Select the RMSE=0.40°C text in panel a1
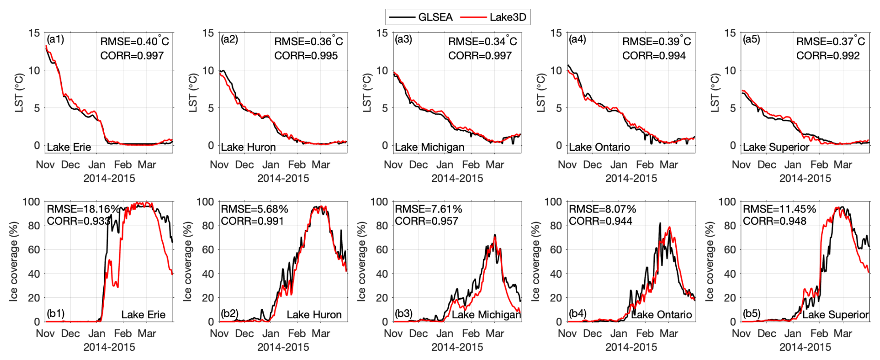point(134,41)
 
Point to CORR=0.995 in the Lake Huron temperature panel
point(306,56)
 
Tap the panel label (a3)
point(403,39)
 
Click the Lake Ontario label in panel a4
point(599,147)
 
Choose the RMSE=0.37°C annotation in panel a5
point(830,41)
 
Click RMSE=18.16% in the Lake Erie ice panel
point(83,209)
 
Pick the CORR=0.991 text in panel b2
point(252,221)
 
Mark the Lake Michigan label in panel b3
point(486,315)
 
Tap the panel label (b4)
point(577,313)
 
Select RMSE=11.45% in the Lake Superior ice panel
point(779,209)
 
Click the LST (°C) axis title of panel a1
point(19,93)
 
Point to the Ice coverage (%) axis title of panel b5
point(709,261)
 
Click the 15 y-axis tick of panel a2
point(208,33)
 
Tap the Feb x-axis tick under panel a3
point(471,165)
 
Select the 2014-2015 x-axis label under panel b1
point(109,347)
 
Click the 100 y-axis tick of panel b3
point(379,202)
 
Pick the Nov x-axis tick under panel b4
point(567,333)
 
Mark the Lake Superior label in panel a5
point(776,147)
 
